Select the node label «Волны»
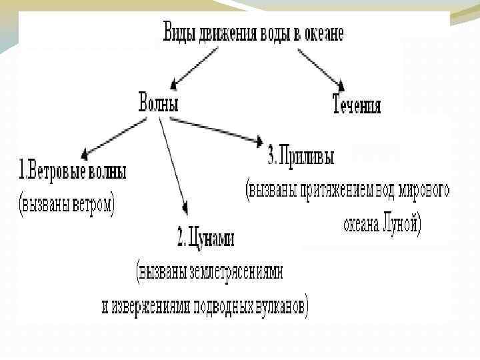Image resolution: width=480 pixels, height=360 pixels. (x=158, y=103)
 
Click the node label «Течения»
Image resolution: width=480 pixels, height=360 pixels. (x=357, y=106)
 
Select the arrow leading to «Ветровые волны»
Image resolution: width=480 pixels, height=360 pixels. (x=113, y=137)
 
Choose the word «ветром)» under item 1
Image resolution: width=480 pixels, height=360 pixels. (x=92, y=203)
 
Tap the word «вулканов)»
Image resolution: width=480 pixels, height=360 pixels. (x=282, y=306)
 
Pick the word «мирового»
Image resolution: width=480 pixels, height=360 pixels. (x=425, y=189)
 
